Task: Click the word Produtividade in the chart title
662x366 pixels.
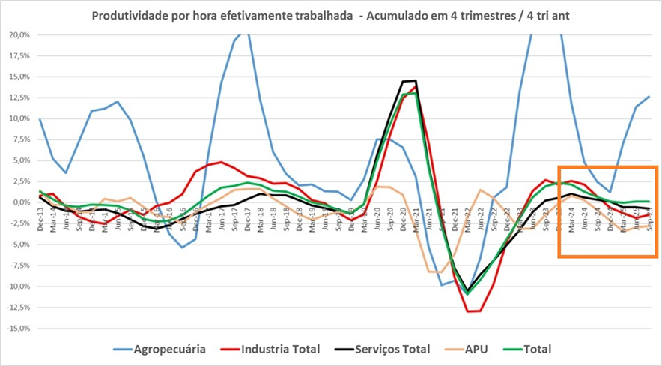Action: pos(128,15)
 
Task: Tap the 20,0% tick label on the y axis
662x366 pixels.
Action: pos(19,34)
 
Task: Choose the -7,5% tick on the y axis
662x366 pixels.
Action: pos(19,265)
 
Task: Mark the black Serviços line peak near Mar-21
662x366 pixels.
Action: pos(415,80)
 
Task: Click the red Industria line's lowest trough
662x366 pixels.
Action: pos(470,310)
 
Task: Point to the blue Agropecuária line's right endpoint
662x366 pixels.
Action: pos(649,96)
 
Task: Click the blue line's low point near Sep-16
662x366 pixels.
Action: pos(182,247)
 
